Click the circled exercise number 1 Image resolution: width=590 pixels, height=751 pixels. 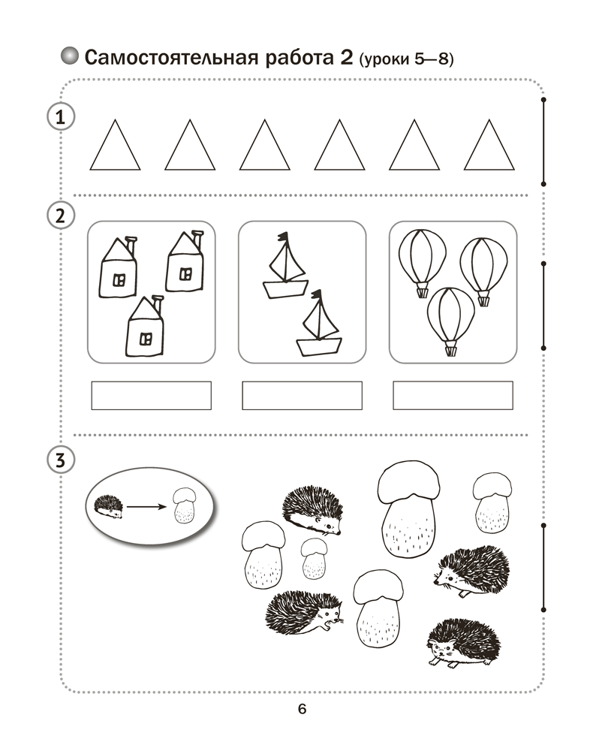tap(61, 117)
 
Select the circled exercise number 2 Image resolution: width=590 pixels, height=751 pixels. tap(61, 216)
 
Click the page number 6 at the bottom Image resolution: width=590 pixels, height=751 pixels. tap(302, 708)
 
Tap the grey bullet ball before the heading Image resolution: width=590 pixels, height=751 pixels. tap(70, 56)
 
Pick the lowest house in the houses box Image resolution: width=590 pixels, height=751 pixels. tap(145, 327)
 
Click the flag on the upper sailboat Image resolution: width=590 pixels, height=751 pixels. tap(284, 236)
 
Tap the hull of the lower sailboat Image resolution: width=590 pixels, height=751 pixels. tap(319, 346)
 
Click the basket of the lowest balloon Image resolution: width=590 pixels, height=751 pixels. tap(450, 350)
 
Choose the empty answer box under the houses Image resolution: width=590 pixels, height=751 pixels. tap(152, 396)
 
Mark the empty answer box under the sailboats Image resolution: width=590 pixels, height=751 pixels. tap(303, 396)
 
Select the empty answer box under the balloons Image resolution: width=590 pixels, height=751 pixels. tap(453, 396)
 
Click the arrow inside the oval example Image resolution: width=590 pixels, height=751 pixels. tap(146, 507)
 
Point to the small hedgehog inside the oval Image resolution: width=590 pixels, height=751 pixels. tap(108, 506)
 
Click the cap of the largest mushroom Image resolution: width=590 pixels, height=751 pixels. tap(408, 482)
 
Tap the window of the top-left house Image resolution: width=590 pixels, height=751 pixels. tap(119, 280)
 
